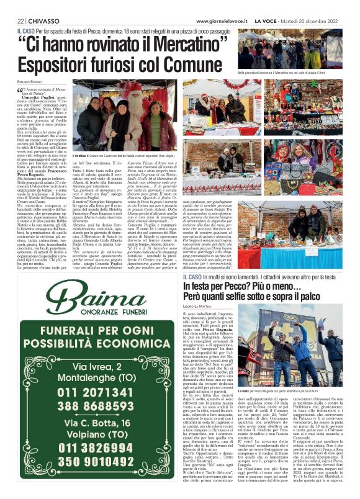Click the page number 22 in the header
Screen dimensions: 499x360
pyautogui.click(x=20, y=20)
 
